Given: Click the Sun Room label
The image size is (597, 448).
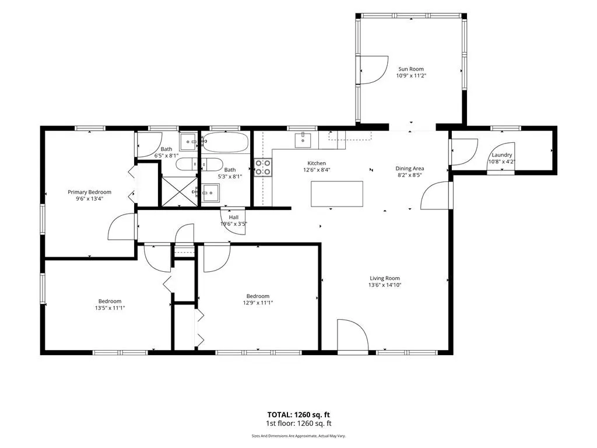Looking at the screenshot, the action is tap(411, 69).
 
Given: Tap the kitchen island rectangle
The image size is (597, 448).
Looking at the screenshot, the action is tap(336, 194).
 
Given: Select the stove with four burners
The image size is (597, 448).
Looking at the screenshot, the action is tap(263, 167).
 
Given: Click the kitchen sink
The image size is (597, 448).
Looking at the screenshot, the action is tap(303, 140).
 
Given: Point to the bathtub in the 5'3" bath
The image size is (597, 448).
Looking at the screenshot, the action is tap(225, 142).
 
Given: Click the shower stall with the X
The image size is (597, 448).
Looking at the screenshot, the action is tap(180, 192).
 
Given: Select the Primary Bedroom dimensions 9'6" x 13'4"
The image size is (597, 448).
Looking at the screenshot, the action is tap(89, 198).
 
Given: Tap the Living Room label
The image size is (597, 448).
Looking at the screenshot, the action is tap(385, 278).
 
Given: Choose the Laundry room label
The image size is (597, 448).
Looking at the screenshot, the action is tap(501, 155).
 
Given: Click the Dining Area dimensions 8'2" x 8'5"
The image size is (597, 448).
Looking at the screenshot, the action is tap(409, 175).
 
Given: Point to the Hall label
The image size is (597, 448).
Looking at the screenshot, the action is tap(234, 217).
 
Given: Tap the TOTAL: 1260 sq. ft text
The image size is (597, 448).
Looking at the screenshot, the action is tap(298, 415).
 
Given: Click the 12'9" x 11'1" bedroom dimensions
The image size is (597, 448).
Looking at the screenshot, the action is tap(258, 303).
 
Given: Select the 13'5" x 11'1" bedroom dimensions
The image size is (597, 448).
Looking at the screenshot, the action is tap(110, 308).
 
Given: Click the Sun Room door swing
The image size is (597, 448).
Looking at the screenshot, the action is tap(374, 70).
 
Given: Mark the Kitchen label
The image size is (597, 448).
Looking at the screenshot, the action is tap(317, 163).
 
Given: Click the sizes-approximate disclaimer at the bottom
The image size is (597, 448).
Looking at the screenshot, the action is tap(298, 436).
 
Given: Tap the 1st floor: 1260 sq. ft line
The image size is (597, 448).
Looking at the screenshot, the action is tap(298, 423).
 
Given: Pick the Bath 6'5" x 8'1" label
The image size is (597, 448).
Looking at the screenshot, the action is tap(166, 152).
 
